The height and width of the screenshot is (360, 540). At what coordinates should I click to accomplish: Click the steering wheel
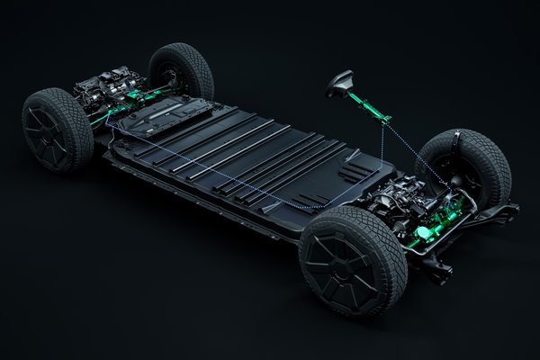tap(339, 83)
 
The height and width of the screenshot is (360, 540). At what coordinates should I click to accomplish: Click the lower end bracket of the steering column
tap(385, 117)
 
